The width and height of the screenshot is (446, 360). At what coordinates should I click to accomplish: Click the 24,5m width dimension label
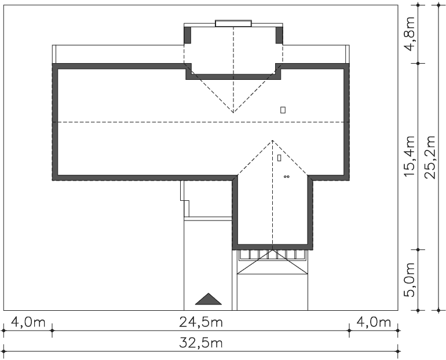[201, 322]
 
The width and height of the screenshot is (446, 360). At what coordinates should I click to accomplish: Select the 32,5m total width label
[201, 343]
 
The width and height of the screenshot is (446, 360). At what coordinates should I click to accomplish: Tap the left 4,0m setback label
[28, 322]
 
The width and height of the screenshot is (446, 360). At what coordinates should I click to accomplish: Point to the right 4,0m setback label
[374, 322]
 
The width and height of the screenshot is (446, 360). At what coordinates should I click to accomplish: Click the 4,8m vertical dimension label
[410, 34]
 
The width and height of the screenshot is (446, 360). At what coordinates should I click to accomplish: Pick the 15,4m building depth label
[410, 156]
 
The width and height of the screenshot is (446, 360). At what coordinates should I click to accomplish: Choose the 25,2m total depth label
[430, 157]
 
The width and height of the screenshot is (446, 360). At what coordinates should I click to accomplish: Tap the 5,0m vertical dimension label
[410, 280]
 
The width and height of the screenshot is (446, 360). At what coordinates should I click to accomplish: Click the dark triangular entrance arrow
[208, 299]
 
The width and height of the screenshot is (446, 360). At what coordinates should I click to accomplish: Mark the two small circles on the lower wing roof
[287, 177]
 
